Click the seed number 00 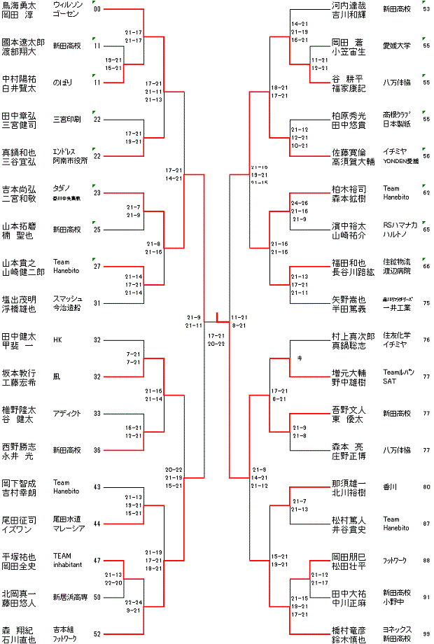click(97, 9)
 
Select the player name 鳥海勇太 click(19, 5)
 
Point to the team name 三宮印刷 click(67, 119)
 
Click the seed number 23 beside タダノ click(97, 192)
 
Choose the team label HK click(57, 340)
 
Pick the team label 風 click(57, 377)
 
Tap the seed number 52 click(97, 634)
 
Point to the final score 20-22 click(216, 344)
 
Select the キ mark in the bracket click(300, 358)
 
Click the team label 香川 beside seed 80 click(391, 486)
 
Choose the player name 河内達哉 click(349, 5)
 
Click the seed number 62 click(426, 192)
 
